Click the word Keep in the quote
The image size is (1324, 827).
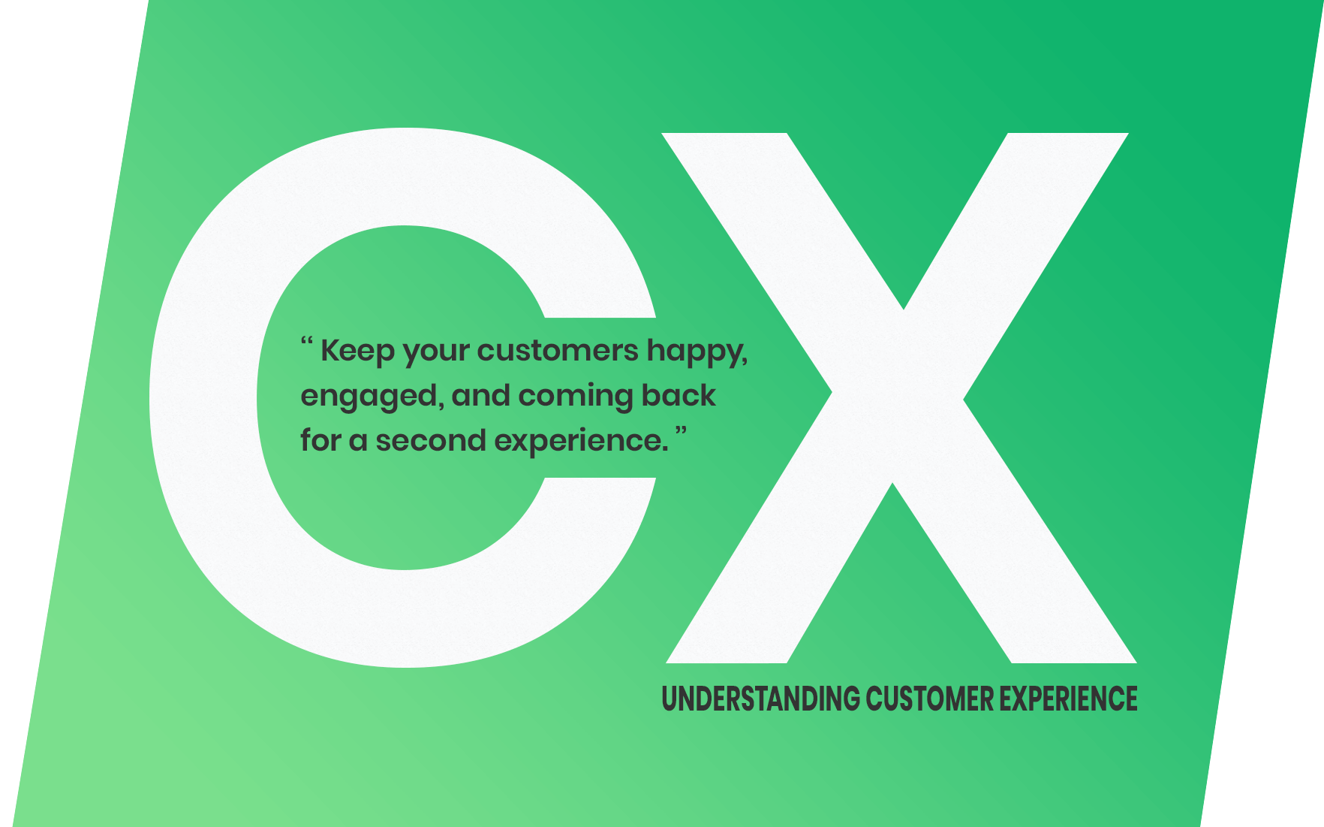tap(357, 352)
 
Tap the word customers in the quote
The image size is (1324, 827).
tap(558, 352)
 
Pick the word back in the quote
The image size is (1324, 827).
tap(679, 395)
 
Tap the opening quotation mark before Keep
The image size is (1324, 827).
tap(306, 342)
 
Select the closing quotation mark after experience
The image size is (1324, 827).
tap(681, 430)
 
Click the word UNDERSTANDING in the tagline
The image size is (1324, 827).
tap(760, 699)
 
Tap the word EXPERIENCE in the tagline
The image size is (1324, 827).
tap(1068, 699)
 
